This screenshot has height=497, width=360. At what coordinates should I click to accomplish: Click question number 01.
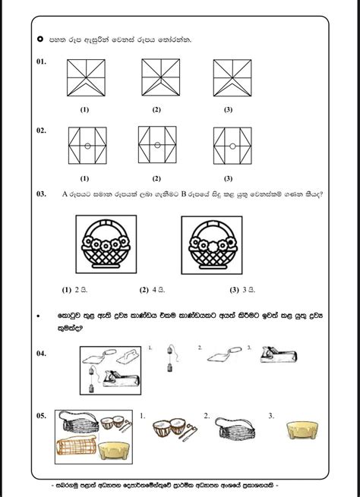coord(41,61)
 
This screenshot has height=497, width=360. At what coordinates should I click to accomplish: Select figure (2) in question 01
coord(161,77)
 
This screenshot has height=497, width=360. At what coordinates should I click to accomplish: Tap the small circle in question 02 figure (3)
coord(232,146)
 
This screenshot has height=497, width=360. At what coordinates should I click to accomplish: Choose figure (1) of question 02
coord(87,146)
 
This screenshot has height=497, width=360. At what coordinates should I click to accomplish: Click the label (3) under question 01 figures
coord(228,110)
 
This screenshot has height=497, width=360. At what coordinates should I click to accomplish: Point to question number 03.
coord(41,194)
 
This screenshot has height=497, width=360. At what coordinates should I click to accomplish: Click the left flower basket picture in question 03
coord(106,244)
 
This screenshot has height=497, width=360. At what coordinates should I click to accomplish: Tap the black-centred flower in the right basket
coord(232,243)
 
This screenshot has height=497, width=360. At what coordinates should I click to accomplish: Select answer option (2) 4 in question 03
coord(152,290)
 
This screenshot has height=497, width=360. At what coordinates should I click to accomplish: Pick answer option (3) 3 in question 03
coord(242,290)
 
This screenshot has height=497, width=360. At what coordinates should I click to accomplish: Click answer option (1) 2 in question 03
coord(74,290)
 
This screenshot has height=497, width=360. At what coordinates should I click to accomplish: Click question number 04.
coord(41,354)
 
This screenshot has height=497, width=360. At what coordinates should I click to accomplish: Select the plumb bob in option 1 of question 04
coord(170,358)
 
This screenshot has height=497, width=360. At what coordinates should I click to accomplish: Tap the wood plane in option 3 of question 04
coord(279,354)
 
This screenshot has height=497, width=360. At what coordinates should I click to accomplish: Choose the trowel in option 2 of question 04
coord(225,354)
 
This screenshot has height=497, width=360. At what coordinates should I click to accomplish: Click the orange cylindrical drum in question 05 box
coord(76,446)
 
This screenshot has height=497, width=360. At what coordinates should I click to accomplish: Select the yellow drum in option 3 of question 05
coord(302,430)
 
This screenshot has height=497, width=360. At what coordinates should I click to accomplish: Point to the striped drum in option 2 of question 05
coord(235,428)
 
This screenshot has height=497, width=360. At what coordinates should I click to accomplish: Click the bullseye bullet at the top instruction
coord(40,39)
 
